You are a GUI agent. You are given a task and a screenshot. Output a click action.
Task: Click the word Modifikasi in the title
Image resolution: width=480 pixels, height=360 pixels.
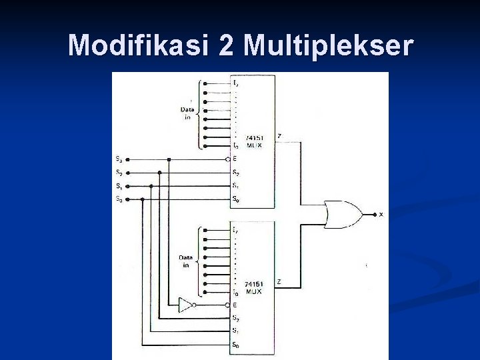tap(138, 46)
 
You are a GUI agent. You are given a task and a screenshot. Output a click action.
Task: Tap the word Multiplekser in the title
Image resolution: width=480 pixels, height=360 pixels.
tap(328, 46)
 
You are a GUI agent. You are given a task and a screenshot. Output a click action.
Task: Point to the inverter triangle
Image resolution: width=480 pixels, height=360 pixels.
tap(185, 305)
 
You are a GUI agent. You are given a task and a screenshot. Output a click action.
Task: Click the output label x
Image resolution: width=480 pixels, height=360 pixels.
tap(381, 214)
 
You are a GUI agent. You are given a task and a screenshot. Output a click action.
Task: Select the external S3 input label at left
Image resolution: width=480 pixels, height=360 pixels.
tap(119, 159)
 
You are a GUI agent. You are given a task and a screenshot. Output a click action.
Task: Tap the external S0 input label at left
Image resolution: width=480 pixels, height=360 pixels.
tap(119, 199)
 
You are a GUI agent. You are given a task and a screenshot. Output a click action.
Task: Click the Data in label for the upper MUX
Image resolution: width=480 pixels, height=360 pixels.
tap(187, 113)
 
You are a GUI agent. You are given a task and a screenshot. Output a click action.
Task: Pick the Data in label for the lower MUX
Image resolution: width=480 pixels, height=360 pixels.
tap(186, 261)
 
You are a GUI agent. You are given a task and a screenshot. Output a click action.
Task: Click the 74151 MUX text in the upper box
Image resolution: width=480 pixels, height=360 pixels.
tap(254, 141)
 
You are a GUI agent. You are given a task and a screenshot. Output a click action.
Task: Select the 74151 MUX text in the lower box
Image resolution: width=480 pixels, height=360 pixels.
tap(253, 288)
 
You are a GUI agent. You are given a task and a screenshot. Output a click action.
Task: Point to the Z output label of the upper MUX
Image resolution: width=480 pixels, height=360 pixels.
tap(279, 136)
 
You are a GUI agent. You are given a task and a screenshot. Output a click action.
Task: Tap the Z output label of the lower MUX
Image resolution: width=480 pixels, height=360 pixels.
tap(279, 282)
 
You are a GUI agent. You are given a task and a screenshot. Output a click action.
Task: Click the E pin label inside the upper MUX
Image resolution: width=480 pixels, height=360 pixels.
tap(235, 159)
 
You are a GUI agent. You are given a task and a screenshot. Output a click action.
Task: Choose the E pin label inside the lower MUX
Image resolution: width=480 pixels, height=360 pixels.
tap(235, 305)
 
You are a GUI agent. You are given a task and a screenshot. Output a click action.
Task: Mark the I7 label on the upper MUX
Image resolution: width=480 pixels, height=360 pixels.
tap(235, 83)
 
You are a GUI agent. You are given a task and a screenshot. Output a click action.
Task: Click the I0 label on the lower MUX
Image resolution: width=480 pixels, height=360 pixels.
tap(235, 292)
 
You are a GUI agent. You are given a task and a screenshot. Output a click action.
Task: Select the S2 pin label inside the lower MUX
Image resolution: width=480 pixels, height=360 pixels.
tap(235, 318)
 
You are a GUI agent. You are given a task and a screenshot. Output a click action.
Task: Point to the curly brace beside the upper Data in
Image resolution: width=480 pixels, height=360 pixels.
tap(199, 113)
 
